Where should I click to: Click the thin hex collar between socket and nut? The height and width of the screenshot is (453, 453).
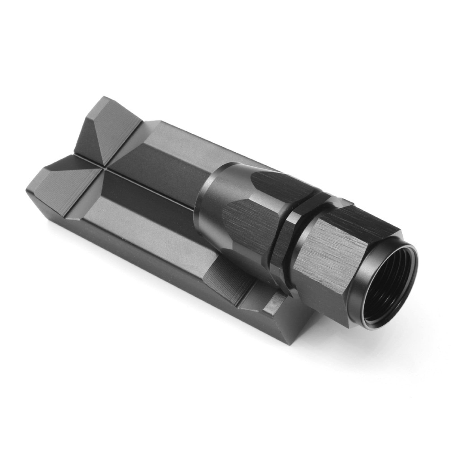point(286,226)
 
